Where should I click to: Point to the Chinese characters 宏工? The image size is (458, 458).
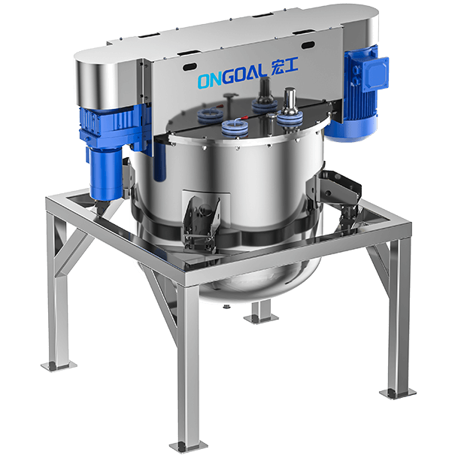284,67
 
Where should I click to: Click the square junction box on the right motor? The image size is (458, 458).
375,72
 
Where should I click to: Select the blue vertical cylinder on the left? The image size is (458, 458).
106,174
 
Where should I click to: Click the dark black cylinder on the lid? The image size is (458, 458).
265,89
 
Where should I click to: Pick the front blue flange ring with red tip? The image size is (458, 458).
235,129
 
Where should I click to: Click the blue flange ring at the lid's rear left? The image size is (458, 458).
208,115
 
